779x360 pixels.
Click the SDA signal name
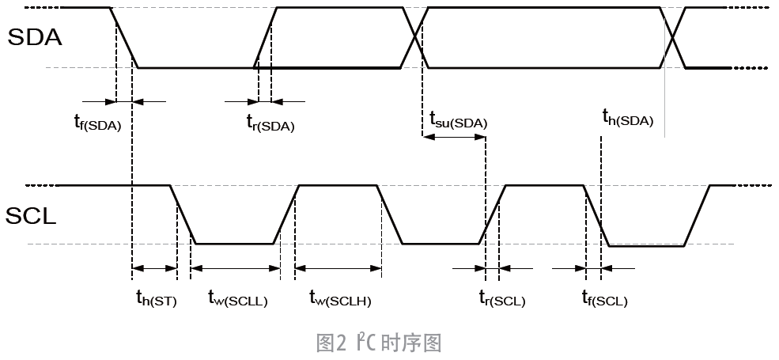pyautogui.click(x=34, y=36)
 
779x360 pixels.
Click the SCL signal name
pyautogui.click(x=32, y=215)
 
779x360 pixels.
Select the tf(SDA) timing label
pyautogui.click(x=93, y=123)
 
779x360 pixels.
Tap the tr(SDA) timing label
pyautogui.click(x=270, y=123)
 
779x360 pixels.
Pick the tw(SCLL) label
pyautogui.click(x=237, y=299)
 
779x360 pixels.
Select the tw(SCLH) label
pyautogui.click(x=340, y=299)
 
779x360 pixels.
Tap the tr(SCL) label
pyautogui.click(x=501, y=299)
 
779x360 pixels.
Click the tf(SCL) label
pyautogui.click(x=604, y=299)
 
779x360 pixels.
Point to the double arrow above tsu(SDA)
pyautogui.click(x=454, y=136)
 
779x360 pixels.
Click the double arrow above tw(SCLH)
pyautogui.click(x=338, y=269)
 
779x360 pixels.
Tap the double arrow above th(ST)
pyautogui.click(x=154, y=269)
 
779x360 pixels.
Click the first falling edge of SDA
pyautogui.click(x=125, y=38)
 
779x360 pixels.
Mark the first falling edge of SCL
pyautogui.click(x=183, y=215)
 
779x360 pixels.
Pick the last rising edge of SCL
pyautogui.click(x=698, y=215)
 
